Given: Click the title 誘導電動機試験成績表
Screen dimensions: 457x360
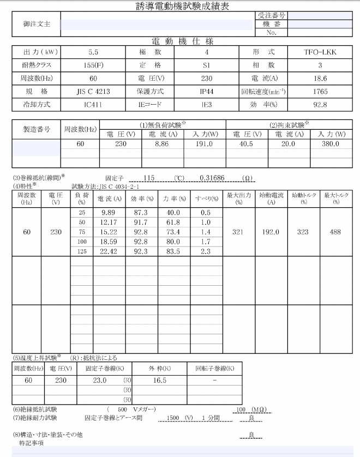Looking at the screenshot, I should tap(179, 7).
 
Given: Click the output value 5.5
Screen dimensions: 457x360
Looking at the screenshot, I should tap(93, 53).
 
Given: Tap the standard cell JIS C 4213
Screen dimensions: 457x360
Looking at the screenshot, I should tap(93, 92).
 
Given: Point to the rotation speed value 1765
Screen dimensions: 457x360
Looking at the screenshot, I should tap(320, 92).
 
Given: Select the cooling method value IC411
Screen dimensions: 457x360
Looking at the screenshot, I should tap(93, 105).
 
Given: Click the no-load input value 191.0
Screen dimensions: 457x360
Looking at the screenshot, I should tap(204, 145).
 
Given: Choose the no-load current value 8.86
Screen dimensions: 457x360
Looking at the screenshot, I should tap(163, 145).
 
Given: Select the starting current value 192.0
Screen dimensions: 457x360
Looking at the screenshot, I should tap(271, 232).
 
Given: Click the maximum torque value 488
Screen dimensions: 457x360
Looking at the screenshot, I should tap(335, 232).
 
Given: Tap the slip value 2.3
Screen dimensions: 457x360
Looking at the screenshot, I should tap(206, 251).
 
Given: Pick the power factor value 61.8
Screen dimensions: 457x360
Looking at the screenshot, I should tap(173, 222).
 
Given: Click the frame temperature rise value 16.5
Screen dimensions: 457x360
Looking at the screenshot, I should tap(160, 381).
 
